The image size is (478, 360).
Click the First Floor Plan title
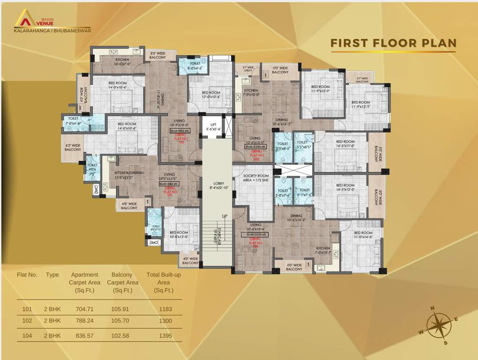coord(393,43)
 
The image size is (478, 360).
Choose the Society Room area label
coord(255,177)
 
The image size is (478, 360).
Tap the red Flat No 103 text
coord(256,157)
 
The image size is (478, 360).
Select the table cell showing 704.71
coord(84,309)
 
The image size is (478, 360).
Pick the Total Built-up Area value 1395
coord(165,336)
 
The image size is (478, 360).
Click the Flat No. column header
coord(27,275)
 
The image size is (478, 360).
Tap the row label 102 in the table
coord(27,321)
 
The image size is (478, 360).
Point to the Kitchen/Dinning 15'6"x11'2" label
coord(130,175)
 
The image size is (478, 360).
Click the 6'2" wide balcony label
coord(72,147)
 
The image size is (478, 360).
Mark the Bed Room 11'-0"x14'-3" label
coord(363,235)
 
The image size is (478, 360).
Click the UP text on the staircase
coord(224,217)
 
